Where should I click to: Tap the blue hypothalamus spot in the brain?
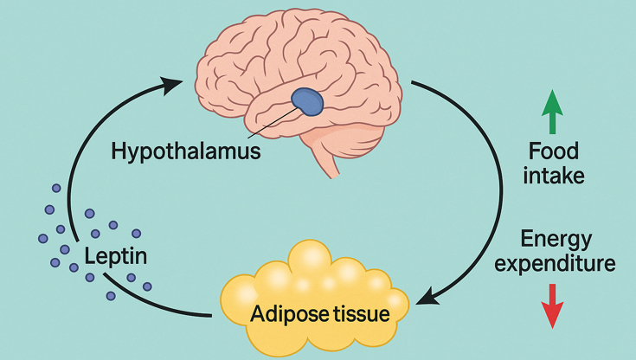[x=306, y=102]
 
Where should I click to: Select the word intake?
[x=555, y=177]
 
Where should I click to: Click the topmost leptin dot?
[x=57, y=188]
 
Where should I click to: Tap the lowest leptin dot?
[x=111, y=296]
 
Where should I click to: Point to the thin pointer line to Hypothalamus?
[x=268, y=125]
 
